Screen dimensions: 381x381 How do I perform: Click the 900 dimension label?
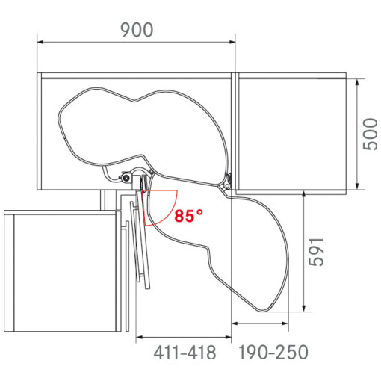tap(137, 30)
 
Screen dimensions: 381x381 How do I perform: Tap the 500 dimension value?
tap(371, 134)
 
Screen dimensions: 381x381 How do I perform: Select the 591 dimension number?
tap(316, 252)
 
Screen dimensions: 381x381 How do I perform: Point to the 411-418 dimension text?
tap(185, 353)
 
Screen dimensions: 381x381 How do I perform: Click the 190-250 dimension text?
tap(273, 352)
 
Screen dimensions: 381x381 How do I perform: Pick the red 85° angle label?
tap(188, 216)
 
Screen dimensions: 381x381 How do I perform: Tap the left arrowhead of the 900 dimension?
tap(40, 42)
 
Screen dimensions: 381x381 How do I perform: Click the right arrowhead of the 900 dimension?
tap(232, 42)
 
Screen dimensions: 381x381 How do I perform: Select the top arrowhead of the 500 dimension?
tap(357, 82)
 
